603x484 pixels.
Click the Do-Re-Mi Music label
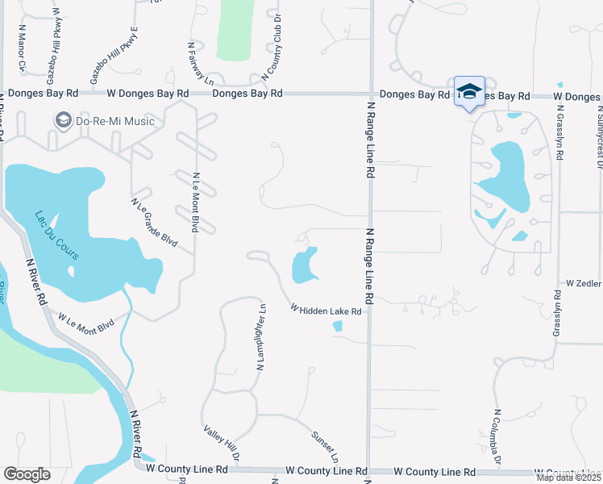[x=115, y=121]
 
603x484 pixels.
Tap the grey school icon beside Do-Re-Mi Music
[x=63, y=121]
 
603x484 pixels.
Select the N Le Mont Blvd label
[x=196, y=202]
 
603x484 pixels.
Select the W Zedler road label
[x=584, y=284]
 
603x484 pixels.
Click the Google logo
[x=27, y=474]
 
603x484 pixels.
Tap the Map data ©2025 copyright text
[x=569, y=478]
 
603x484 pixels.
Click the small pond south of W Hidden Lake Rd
[x=337, y=326]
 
